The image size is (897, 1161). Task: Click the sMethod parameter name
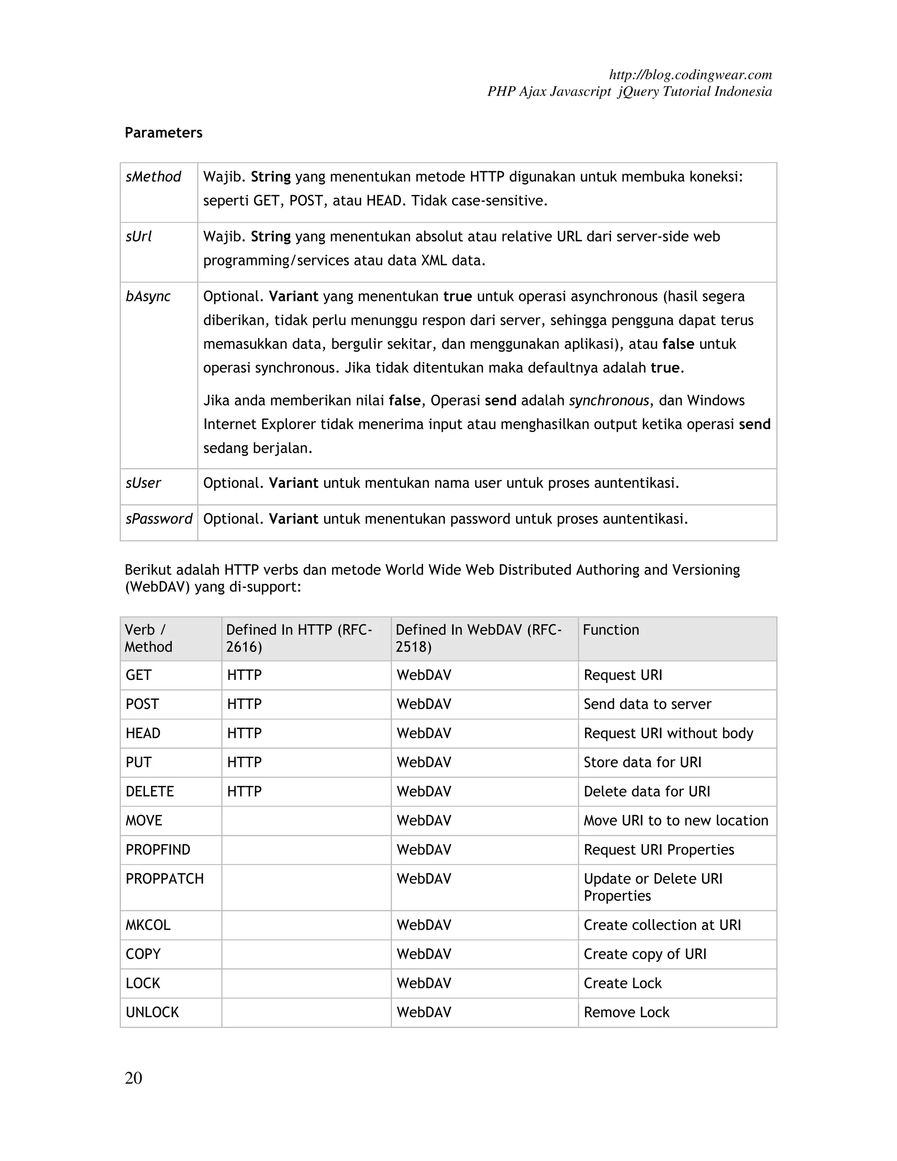(x=153, y=177)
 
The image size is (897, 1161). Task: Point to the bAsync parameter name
(x=148, y=297)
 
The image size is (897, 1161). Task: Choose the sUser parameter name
(x=143, y=483)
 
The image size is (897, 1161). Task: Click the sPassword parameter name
(x=159, y=519)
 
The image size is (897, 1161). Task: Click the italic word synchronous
(x=608, y=400)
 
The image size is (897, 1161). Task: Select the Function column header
(x=611, y=630)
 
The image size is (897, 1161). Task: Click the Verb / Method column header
(x=148, y=638)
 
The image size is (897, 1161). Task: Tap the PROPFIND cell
(x=158, y=850)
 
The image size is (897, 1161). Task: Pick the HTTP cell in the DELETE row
(x=244, y=792)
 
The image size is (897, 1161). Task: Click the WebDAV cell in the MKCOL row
(x=424, y=925)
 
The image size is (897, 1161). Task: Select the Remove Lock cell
(x=626, y=1012)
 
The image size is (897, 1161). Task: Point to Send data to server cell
(x=647, y=704)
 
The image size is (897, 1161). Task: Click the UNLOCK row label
(x=152, y=1012)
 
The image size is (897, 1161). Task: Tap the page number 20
(x=134, y=1078)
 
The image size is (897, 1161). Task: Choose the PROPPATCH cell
(x=165, y=879)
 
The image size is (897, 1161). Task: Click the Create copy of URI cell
(x=645, y=955)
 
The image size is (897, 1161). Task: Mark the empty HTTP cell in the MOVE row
(x=306, y=821)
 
